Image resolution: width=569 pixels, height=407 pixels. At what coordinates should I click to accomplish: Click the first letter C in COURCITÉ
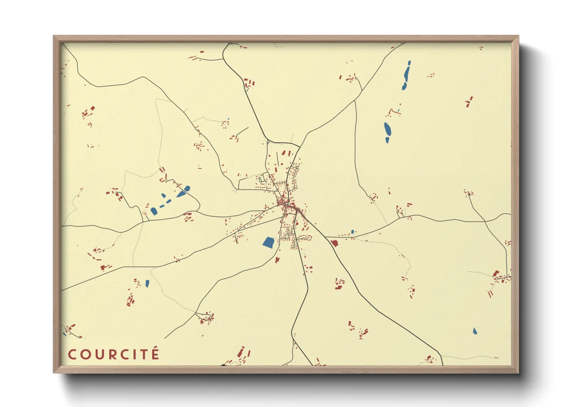[72, 354]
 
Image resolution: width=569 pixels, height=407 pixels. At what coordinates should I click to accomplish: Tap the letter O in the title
[85, 354]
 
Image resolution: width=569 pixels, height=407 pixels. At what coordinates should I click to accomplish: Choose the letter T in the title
[145, 354]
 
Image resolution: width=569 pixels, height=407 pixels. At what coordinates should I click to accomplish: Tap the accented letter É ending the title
[155, 353]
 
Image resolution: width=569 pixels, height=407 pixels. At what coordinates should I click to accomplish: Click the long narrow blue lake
[406, 75]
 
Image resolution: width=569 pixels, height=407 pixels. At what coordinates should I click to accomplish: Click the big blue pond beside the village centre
[268, 242]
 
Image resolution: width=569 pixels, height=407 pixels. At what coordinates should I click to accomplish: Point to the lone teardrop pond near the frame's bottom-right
[475, 331]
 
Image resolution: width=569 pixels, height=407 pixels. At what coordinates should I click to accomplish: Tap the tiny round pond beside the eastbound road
[352, 232]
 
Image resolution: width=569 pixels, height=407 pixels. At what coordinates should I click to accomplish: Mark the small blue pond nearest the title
[147, 284]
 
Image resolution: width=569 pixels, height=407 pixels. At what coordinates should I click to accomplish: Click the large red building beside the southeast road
[334, 243]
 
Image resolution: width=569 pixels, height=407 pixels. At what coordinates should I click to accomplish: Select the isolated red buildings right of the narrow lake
[469, 102]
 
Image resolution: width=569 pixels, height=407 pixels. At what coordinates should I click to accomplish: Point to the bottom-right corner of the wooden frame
[518, 372]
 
